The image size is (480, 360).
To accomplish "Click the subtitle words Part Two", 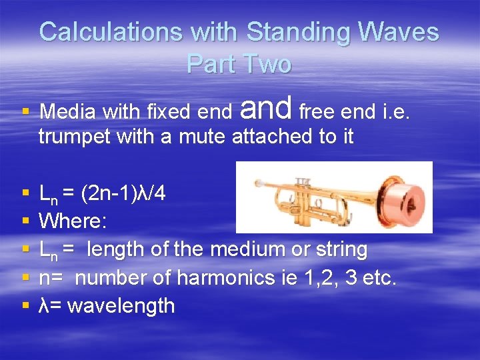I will (239, 63).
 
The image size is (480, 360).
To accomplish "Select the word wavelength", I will (121, 306).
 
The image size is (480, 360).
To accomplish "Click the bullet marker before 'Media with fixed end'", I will (25, 111).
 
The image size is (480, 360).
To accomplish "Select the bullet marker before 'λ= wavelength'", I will (25, 306).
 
